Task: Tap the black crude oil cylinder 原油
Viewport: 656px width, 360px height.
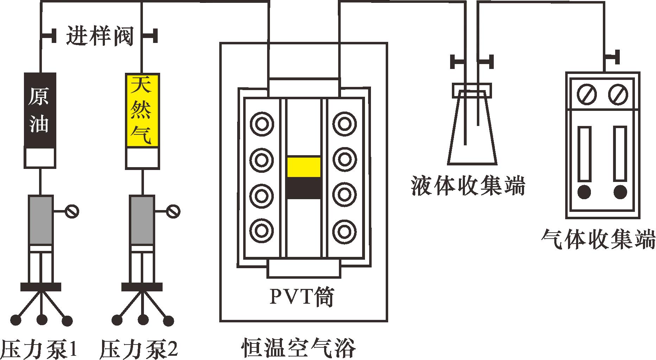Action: (x=40, y=110)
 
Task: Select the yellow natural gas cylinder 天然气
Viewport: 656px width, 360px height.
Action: (x=143, y=110)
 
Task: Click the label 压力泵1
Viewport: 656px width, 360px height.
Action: (x=39, y=348)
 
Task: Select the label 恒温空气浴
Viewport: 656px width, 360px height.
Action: (x=298, y=347)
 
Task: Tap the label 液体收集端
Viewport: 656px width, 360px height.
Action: (x=468, y=186)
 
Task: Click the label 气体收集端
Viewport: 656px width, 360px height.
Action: (x=598, y=240)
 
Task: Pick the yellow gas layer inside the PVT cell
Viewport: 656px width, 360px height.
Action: (x=304, y=167)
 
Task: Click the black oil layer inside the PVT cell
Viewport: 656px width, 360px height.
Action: (x=304, y=188)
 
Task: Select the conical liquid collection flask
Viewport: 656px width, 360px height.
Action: (x=472, y=134)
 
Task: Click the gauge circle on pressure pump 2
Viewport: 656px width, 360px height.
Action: (x=174, y=211)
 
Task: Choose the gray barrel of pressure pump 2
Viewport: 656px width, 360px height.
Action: (x=142, y=220)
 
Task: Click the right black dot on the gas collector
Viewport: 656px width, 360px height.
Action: (x=620, y=192)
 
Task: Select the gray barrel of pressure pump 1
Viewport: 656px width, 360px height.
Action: (x=41, y=220)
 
